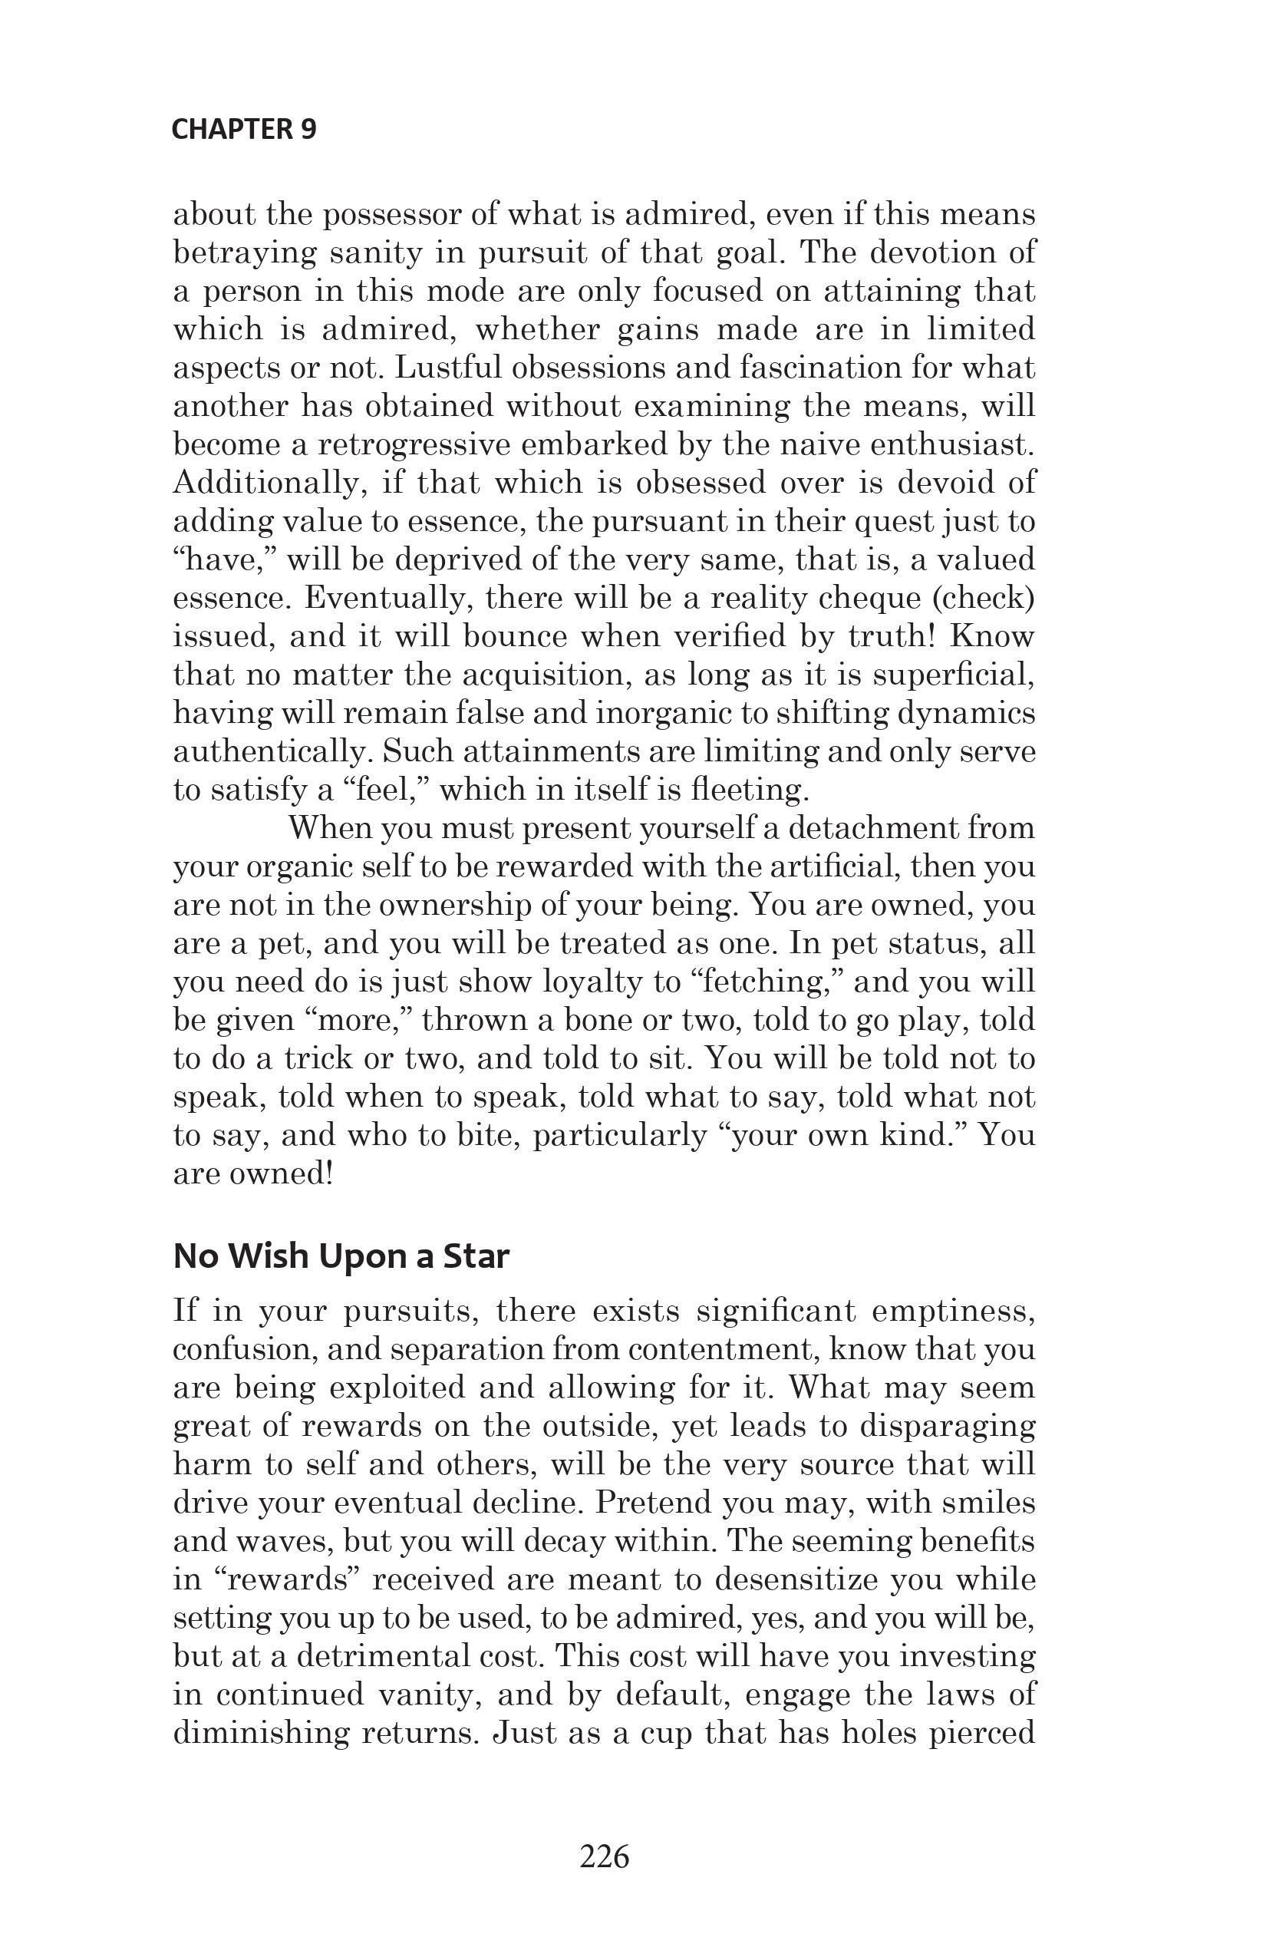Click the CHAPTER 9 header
pyautogui.click(x=243, y=130)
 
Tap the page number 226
pyautogui.click(x=605, y=1856)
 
